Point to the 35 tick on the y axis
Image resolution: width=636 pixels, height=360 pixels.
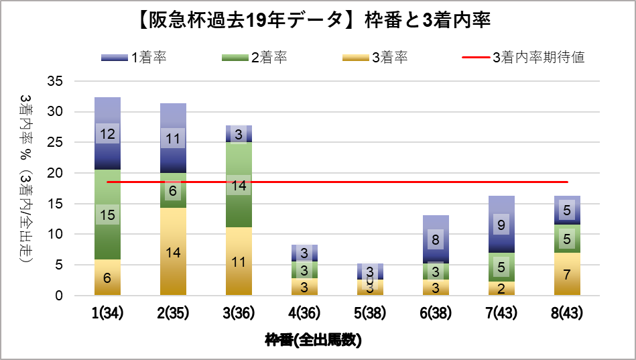55,81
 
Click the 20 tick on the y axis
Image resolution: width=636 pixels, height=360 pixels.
55,173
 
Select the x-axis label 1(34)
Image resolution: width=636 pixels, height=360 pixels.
107,313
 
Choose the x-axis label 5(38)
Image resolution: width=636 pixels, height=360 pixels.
370,313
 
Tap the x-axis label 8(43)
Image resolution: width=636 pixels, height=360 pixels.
567,313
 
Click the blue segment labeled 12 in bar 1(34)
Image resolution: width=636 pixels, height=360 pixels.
107,133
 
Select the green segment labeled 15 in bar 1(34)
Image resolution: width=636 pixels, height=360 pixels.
107,215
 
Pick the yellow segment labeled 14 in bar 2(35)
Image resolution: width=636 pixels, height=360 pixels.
173,252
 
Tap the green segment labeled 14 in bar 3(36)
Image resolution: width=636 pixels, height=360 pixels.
239,185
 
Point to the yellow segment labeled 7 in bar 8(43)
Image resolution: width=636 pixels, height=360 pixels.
567,274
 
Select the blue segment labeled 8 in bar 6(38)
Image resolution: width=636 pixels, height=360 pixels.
436,239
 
